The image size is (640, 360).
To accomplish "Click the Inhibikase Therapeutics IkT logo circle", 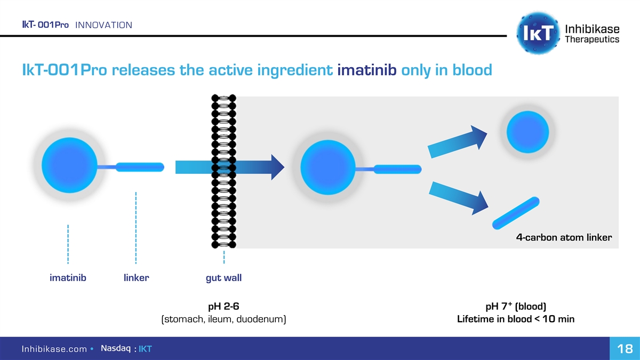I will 539,33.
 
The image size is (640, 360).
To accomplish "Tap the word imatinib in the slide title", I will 366,70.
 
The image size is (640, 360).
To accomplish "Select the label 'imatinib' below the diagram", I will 68,278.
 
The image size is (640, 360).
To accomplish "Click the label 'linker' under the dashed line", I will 136,278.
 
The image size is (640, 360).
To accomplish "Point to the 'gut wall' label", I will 223,278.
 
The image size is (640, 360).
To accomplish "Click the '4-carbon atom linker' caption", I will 564,237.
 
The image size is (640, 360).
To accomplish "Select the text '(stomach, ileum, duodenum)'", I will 223,319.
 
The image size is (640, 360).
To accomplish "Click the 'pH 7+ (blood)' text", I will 516,306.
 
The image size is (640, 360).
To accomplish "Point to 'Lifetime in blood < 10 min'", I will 516,319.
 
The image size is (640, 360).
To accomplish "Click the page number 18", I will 625,349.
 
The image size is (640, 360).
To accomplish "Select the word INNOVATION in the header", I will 104,25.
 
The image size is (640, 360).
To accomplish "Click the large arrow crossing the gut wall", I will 229,167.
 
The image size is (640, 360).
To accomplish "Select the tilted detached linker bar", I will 515,212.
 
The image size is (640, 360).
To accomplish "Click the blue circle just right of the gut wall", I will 328,168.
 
